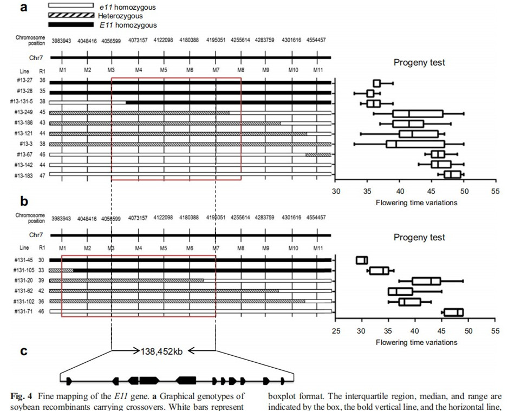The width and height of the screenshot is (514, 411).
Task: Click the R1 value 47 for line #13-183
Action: coord(42,174)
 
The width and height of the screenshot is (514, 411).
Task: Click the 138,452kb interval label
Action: coord(161,351)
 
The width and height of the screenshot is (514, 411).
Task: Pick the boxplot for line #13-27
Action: coord(377,83)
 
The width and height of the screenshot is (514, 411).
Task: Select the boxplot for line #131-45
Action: coord(362,260)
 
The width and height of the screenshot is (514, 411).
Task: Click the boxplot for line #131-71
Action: coord(453,312)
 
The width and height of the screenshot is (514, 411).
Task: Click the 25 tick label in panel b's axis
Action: coord(336,331)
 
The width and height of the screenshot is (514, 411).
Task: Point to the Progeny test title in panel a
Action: coord(419,63)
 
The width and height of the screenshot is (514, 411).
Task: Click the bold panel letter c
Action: coord(24,351)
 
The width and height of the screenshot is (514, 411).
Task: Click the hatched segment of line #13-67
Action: coord(318,154)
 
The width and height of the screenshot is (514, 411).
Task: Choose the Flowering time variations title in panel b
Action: coord(416,342)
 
